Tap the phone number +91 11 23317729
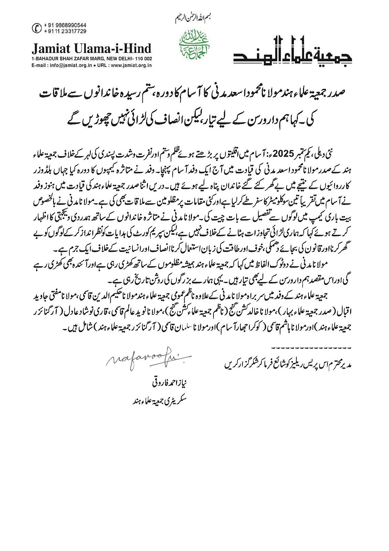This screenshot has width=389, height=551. (x=65, y=31)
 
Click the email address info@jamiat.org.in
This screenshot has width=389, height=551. (x=72, y=64)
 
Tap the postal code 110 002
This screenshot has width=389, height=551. (x=145, y=59)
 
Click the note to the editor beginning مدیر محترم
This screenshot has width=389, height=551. (x=289, y=364)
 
